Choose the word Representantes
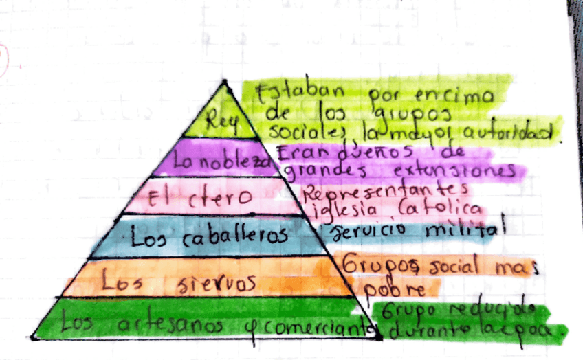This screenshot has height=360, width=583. click(x=388, y=190)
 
